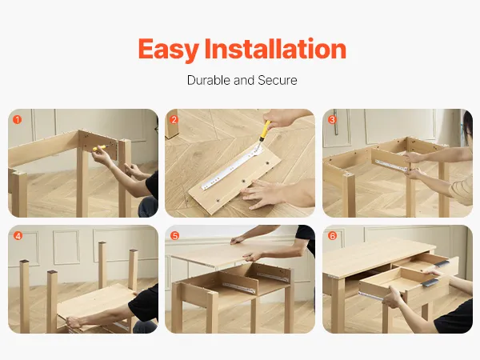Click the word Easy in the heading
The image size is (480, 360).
tap(169, 50)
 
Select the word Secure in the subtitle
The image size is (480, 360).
tap(278, 80)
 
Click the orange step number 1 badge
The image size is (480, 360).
tap(18, 119)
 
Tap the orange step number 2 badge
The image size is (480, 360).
tap(174, 119)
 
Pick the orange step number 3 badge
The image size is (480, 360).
tap(332, 119)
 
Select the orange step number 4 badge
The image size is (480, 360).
tap(18, 236)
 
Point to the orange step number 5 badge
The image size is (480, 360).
tap(174, 236)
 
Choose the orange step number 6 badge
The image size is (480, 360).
tap(332, 236)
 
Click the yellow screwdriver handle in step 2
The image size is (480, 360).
tap(266, 129)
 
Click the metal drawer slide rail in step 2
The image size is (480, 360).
tap(232, 167)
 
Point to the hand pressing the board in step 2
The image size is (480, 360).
tap(260, 194)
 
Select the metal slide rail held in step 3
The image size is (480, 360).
tap(391, 165)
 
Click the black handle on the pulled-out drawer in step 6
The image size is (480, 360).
tap(431, 283)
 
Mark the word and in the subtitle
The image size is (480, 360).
tap(244, 80)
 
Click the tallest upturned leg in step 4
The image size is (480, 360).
tap(102, 265)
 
